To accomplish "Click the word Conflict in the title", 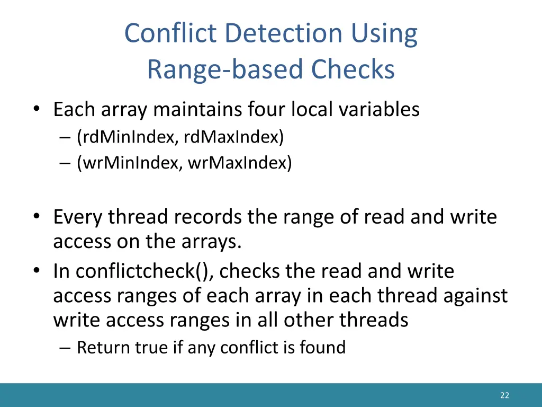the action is [x=171, y=33].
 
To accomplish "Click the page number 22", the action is [x=504, y=395].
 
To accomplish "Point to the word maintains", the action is [x=199, y=110].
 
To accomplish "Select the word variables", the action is [x=380, y=110].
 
